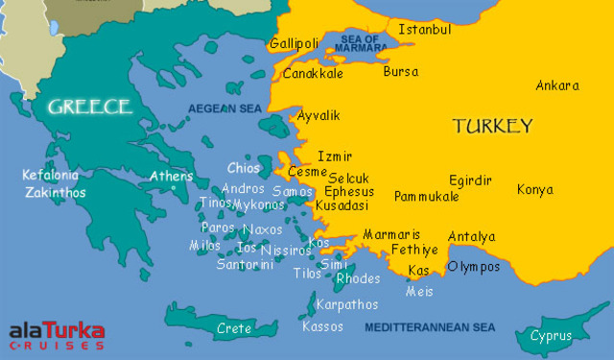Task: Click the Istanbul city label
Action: (424, 30)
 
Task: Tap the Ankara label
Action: (557, 85)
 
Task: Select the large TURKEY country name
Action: (492, 126)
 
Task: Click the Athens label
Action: (172, 176)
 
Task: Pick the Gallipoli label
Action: (294, 44)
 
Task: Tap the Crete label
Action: (234, 328)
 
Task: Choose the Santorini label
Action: (245, 264)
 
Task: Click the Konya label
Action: (535, 189)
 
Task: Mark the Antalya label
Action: (471, 236)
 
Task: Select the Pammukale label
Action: (426, 196)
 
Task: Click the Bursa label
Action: (400, 71)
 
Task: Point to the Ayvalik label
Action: (319, 115)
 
